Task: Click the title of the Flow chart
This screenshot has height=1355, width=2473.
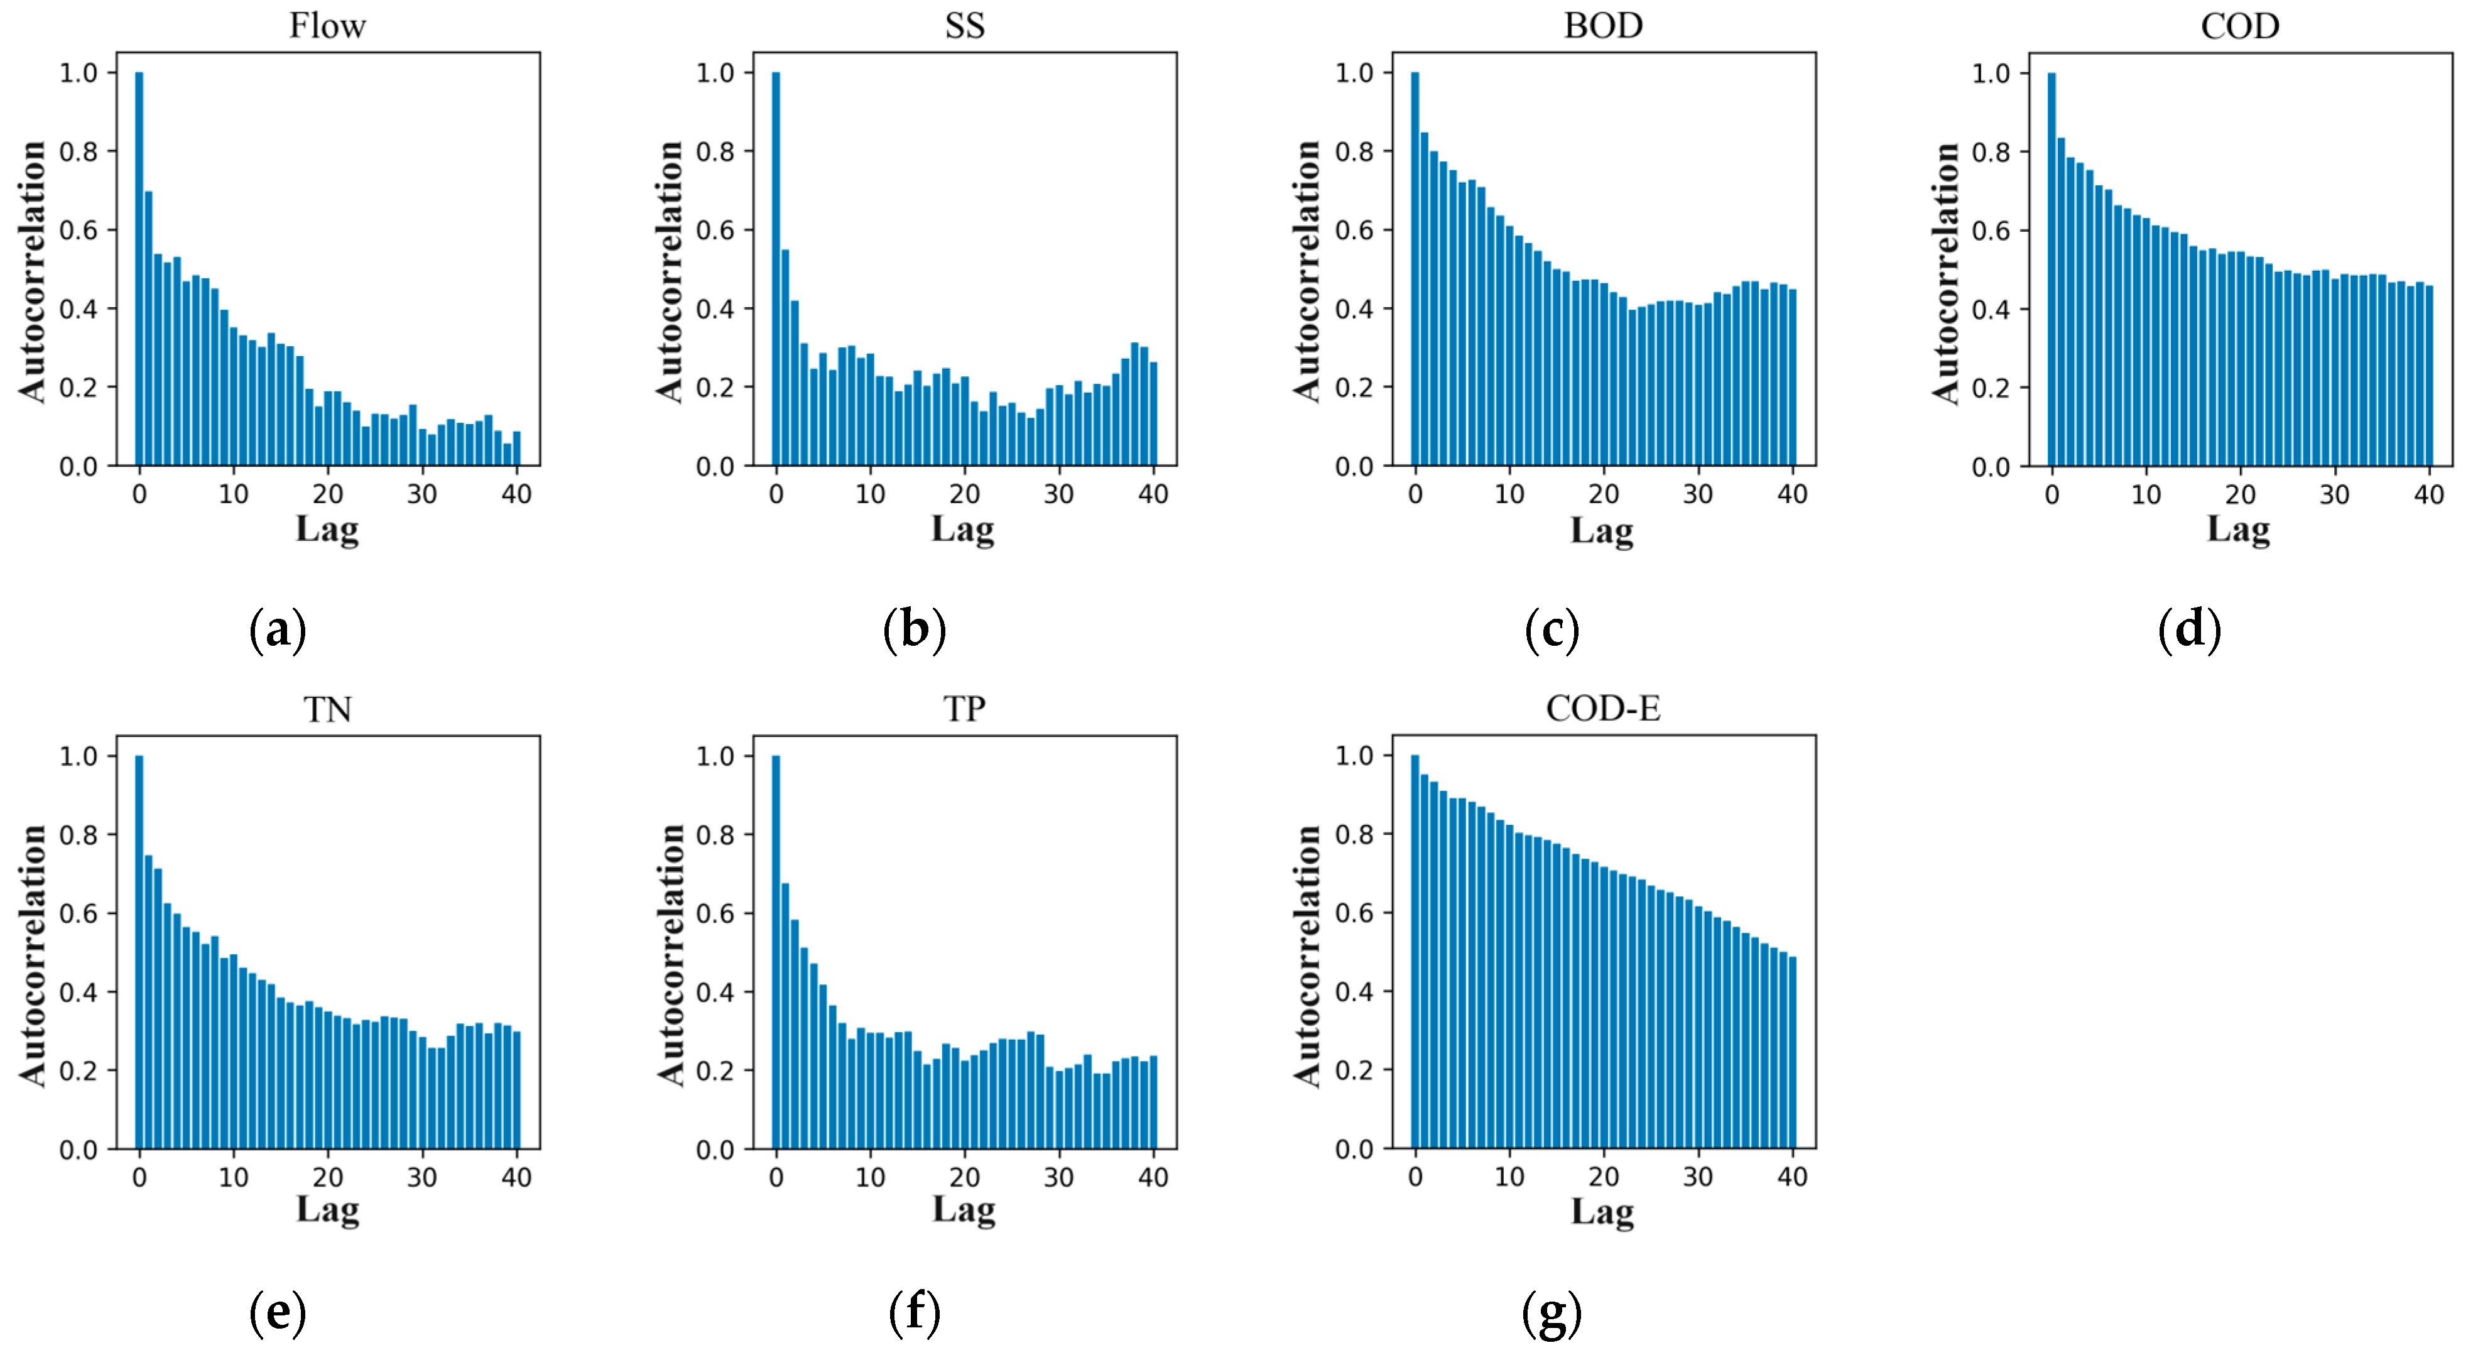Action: click(x=327, y=26)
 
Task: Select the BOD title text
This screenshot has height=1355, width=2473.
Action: click(x=1602, y=26)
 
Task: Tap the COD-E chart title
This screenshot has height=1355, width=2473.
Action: click(x=1602, y=709)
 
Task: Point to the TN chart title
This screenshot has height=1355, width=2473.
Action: click(x=327, y=710)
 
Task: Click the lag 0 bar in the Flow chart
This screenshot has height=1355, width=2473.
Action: click(x=139, y=269)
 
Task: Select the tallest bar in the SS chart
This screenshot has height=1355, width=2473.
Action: click(x=776, y=269)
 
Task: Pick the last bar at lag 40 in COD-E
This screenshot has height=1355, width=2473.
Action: click(x=1792, y=1052)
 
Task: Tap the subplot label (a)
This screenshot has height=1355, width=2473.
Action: click(x=278, y=630)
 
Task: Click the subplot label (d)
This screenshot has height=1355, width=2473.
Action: click(x=2189, y=630)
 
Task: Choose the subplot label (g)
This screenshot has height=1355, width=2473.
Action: click(x=1552, y=1314)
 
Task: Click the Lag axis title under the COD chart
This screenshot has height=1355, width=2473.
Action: click(x=2238, y=529)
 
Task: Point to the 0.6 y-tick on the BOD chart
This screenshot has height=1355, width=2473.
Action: click(x=1354, y=231)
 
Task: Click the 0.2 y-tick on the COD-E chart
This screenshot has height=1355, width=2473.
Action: click(x=1354, y=1070)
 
